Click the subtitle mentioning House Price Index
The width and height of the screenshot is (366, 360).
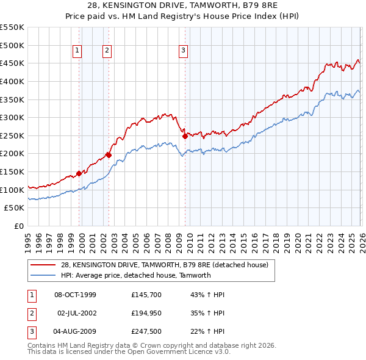coord(183,16)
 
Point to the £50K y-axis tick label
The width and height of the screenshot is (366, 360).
coord(15,208)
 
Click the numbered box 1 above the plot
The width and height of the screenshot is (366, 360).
coord(78,51)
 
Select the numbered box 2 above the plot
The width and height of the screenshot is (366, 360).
coord(107,51)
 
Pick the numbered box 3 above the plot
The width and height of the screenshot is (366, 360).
coord(183,51)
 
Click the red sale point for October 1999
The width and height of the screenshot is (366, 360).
coord(79,173)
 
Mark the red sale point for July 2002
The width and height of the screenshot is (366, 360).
coord(109,155)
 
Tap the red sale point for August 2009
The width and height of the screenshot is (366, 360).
coord(185,137)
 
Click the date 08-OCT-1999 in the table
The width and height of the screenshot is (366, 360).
coord(75,295)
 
